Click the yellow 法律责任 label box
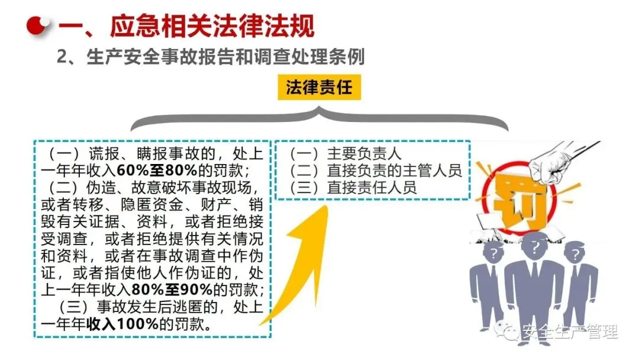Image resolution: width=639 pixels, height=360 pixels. pos(319,89)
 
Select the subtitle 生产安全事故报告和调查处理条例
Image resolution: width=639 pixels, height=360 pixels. pos(225,57)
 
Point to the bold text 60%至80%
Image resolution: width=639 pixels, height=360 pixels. pos(153,171)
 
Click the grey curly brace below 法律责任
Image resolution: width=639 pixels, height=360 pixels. pos(319,118)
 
